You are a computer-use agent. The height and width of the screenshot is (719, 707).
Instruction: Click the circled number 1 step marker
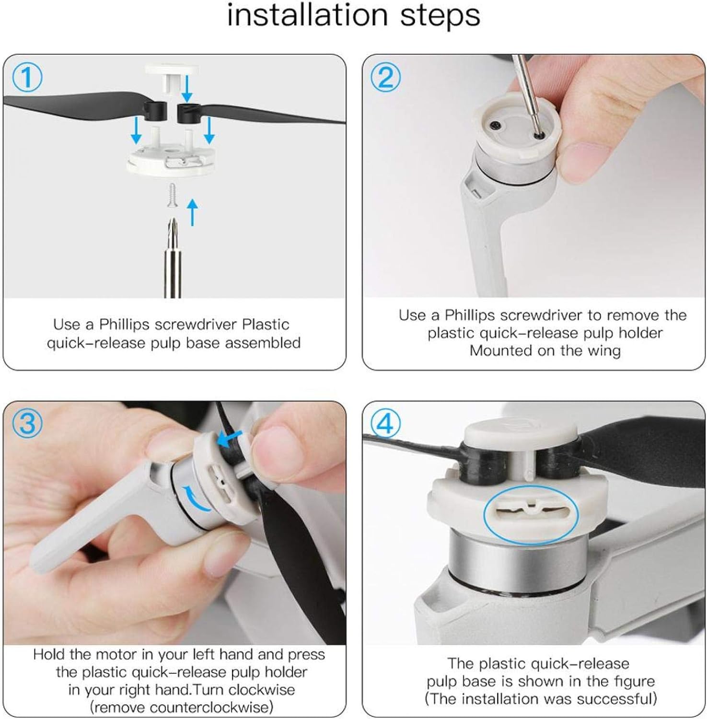click(27, 78)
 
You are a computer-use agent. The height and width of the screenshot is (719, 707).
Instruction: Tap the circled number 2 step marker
click(386, 78)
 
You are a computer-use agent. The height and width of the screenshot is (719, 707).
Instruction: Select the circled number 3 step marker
click(27, 424)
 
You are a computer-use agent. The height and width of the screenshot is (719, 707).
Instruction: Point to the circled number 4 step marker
click(386, 424)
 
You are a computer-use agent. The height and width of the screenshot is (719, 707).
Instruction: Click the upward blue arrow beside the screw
click(192, 212)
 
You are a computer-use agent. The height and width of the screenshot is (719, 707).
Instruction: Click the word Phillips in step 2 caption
click(470, 315)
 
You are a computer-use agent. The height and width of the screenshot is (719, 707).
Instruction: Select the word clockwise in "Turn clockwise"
click(262, 690)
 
